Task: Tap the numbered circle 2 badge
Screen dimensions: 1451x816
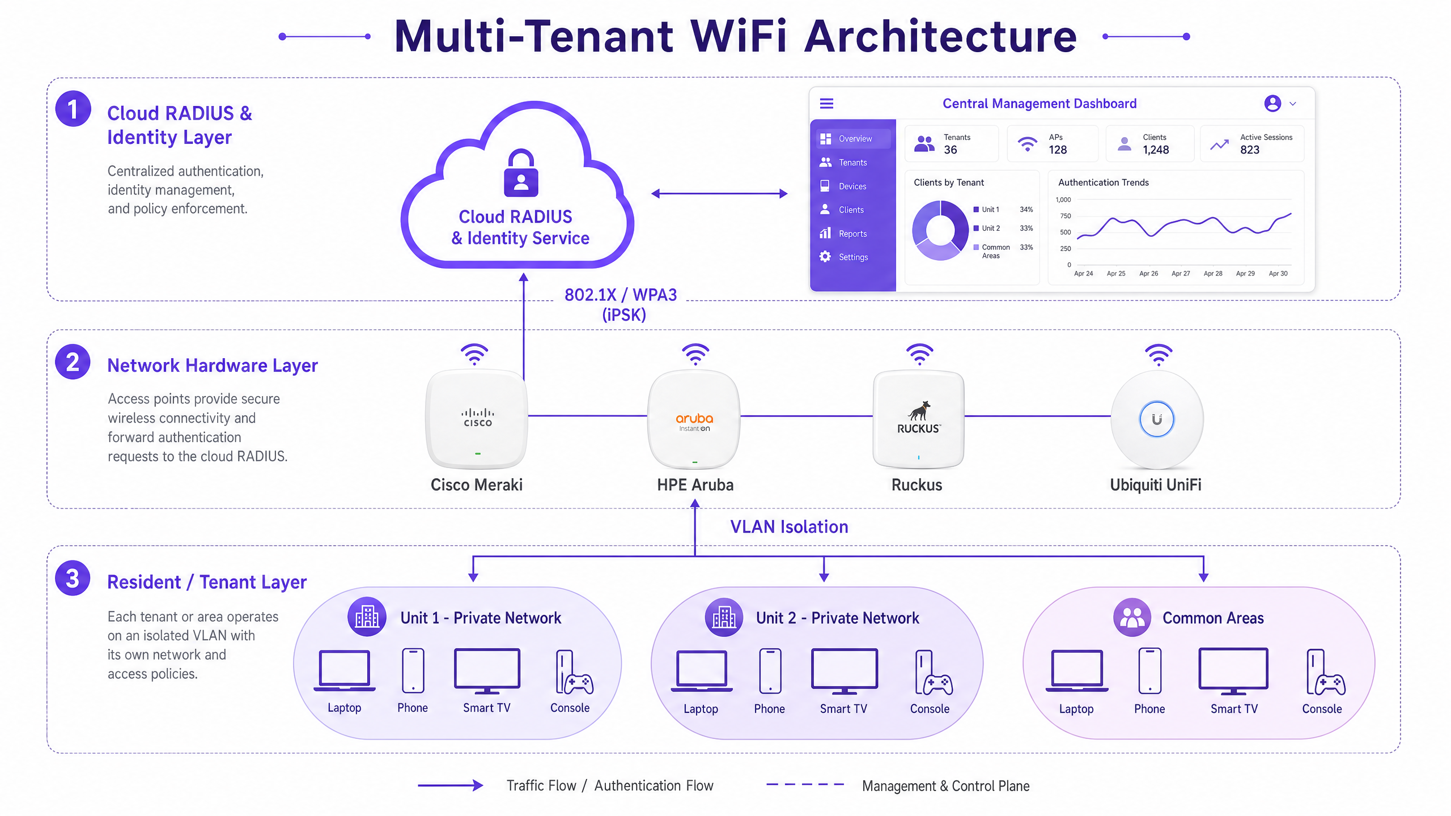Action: tap(73, 362)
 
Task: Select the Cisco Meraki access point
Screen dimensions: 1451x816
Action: tap(477, 419)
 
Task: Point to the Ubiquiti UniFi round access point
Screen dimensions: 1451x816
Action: tap(1157, 420)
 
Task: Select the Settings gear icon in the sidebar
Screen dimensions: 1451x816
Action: tap(825, 257)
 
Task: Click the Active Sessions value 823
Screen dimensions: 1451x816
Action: tap(1250, 150)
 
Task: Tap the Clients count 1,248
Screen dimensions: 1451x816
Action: tap(1156, 150)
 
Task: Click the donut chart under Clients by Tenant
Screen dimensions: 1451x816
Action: tap(940, 230)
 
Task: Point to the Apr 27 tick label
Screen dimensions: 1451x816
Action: tap(1181, 274)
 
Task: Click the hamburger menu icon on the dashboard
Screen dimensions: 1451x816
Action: tap(827, 104)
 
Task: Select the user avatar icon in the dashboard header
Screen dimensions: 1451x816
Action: tap(1272, 103)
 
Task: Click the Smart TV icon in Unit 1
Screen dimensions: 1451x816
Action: tap(487, 671)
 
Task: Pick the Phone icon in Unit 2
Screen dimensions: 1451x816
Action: tap(770, 671)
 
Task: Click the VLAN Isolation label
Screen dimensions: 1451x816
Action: tap(789, 527)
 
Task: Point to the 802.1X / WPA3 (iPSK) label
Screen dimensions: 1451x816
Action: tap(621, 305)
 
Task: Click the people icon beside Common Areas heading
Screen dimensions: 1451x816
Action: tap(1132, 618)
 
